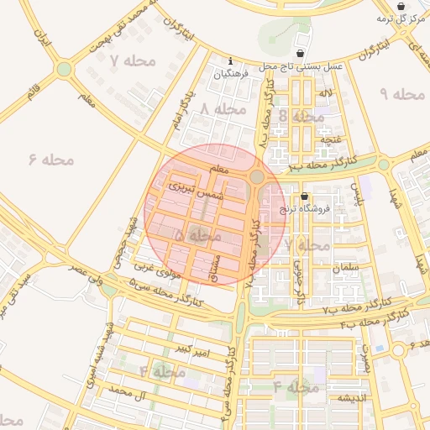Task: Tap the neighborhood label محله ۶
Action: (50, 159)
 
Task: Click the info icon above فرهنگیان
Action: (231, 60)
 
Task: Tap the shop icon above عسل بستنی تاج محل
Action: (300, 53)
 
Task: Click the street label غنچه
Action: (331, 139)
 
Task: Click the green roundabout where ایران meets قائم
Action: (64, 69)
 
